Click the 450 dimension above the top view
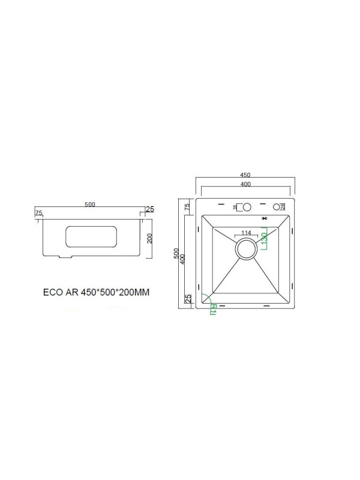point(245,176)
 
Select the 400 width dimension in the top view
point(245,184)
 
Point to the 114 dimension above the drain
point(245,233)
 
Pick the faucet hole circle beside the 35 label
point(245,207)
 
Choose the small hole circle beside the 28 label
point(277,207)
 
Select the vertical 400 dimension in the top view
point(182,259)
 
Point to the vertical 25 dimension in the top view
point(188,298)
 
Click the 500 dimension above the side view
point(89,205)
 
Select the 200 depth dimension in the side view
point(150,238)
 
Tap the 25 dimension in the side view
point(150,209)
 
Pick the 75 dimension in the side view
point(38,213)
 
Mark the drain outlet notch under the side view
point(65,257)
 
